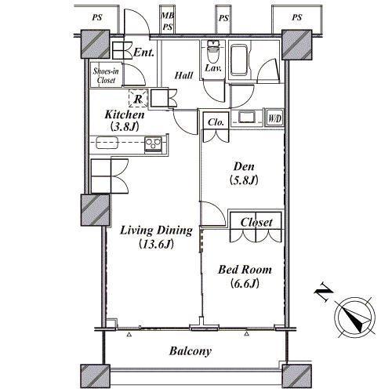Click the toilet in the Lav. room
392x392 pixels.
213,53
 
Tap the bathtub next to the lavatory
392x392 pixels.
239,60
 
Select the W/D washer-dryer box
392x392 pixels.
274,119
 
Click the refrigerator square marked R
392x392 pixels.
138,98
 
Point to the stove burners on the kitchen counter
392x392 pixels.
154,143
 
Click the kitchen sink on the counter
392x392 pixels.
107,143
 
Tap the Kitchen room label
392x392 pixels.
125,114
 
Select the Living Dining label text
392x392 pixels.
156,230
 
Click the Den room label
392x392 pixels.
244,166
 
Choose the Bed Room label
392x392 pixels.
245,270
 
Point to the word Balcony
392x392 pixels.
191,351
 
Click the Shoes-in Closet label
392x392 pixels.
106,75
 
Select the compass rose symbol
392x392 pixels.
356,317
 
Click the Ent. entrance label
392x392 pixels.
143,53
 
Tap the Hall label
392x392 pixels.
183,75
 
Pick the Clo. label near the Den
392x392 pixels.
216,122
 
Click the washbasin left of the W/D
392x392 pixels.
247,117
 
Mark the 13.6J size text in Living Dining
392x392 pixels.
157,245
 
